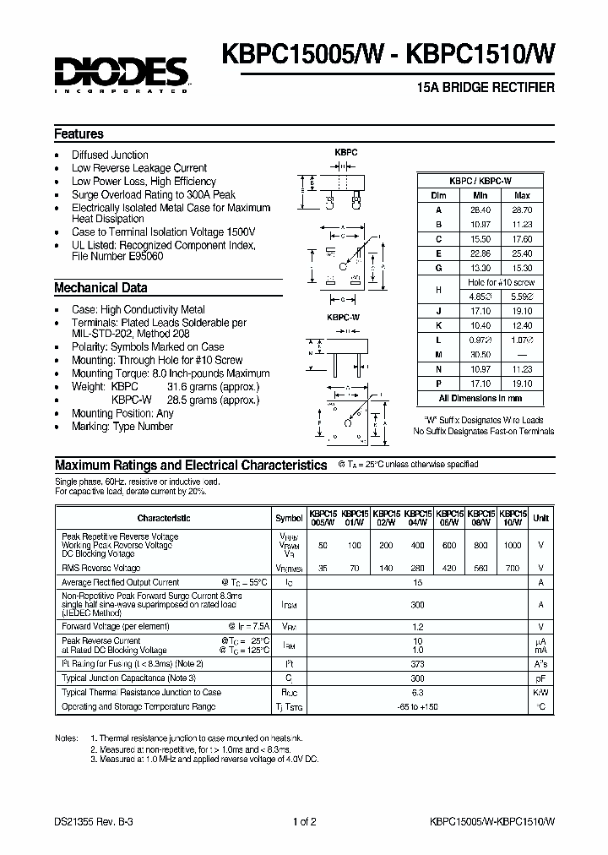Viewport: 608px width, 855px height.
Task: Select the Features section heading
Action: click(79, 133)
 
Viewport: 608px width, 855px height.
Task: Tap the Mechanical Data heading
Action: click(100, 287)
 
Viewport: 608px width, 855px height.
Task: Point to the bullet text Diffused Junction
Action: click(110, 155)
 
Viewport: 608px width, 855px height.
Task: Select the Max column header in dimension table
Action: click(521, 194)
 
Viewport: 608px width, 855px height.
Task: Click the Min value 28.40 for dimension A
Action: click(480, 209)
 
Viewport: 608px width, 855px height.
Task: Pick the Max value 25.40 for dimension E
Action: click(521, 253)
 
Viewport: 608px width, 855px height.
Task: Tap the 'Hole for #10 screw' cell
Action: click(501, 282)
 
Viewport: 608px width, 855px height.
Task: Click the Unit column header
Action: click(540, 518)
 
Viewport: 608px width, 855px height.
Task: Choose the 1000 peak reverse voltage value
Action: click(512, 545)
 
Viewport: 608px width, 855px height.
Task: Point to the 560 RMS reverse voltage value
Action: click(480, 568)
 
